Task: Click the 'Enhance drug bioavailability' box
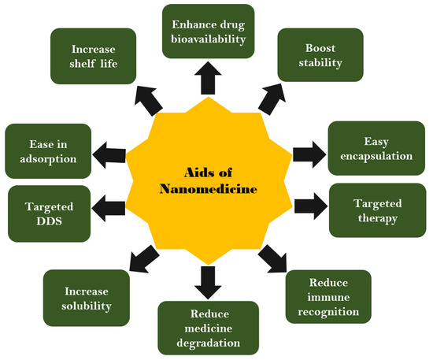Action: tap(207, 31)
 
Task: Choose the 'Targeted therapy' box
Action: tap(377, 209)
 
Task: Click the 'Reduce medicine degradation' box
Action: tap(208, 327)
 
